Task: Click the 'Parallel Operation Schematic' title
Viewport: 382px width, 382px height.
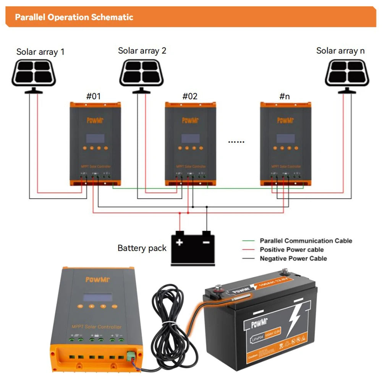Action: (74, 17)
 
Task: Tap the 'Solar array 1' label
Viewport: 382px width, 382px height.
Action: (40, 52)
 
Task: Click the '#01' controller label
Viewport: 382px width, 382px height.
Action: (93, 96)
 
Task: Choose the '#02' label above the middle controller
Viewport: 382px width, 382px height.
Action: (190, 96)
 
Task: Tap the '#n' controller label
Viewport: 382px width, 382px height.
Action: (285, 96)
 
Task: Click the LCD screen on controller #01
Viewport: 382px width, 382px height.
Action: (95, 138)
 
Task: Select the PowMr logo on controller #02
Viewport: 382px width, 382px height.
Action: (190, 120)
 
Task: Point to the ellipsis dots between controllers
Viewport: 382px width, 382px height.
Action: (236, 142)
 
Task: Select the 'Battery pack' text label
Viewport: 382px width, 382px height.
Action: (142, 248)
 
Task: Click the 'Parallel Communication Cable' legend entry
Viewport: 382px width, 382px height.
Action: (306, 241)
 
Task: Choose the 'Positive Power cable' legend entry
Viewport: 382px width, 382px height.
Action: (291, 249)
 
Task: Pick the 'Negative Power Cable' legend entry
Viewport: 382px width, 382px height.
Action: (293, 258)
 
